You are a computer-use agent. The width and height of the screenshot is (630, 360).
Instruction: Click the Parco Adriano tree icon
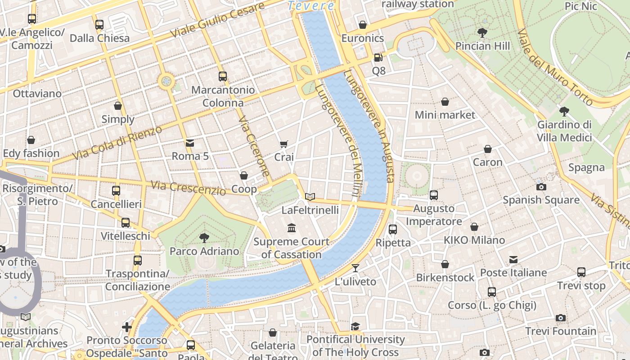pyautogui.click(x=204, y=238)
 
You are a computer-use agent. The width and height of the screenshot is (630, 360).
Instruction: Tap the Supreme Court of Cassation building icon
pyautogui.click(x=292, y=228)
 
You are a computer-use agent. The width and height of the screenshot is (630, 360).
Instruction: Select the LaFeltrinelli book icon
pyautogui.click(x=310, y=197)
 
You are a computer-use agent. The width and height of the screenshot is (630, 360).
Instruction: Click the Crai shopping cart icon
pyautogui.click(x=284, y=144)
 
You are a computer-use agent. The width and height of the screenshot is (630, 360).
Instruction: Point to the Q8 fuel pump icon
pyautogui.click(x=378, y=58)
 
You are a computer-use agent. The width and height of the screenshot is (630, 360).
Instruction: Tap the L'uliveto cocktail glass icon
pyautogui.click(x=355, y=268)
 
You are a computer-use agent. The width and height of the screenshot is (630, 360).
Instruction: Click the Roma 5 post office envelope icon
pyautogui.click(x=190, y=143)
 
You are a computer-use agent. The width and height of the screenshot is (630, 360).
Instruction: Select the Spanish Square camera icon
pyautogui.click(x=541, y=187)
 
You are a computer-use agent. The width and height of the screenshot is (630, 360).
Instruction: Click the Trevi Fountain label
pyautogui.click(x=561, y=331)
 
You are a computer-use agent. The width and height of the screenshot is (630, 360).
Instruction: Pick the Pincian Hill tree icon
pyautogui.click(x=482, y=33)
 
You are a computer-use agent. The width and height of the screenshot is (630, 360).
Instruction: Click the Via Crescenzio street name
pyautogui.click(x=188, y=188)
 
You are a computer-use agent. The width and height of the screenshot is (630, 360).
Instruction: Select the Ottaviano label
pyautogui.click(x=37, y=94)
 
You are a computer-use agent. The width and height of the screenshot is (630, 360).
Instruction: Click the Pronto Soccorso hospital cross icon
pyautogui.click(x=127, y=327)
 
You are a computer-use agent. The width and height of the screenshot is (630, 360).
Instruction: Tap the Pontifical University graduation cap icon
pyautogui.click(x=355, y=326)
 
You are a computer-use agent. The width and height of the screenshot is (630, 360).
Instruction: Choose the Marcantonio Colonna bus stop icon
pyautogui.click(x=223, y=76)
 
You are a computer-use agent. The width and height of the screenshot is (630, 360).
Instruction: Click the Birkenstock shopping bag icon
pyautogui.click(x=445, y=264)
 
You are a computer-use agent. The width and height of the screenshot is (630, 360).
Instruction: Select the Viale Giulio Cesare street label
pyautogui.click(x=217, y=21)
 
